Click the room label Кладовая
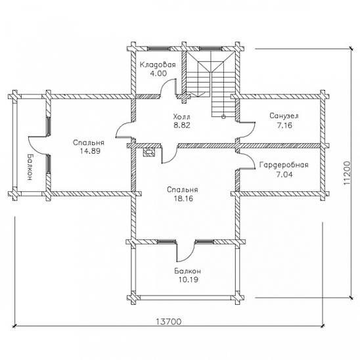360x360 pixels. pos(158,65)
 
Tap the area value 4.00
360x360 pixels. pos(158,74)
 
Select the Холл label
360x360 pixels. pos(181,117)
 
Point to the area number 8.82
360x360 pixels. pos(182,125)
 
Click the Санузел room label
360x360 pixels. pos(284,116)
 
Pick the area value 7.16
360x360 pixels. pos(284,125)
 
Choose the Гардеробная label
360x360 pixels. pos(284,165)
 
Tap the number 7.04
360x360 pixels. pos(284,175)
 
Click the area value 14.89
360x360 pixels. pos(90,151)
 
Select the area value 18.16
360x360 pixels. pos(183,198)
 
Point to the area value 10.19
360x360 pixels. pos(189,280)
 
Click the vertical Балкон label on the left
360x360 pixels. pos(30,167)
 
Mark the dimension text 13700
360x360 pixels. pos(169,322)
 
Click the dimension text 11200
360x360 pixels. pos(347,173)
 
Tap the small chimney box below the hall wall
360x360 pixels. pos(148,152)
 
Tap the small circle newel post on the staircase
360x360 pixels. pos(223,117)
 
